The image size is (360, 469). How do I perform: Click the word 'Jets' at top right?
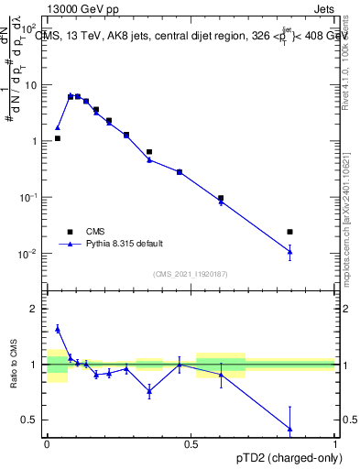coord(322,8)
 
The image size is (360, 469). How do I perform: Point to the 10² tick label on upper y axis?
coord(30,29)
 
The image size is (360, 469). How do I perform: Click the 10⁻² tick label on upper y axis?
coord(30,254)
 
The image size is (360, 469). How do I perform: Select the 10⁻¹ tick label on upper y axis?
coord(30,198)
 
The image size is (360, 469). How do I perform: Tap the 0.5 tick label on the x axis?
coord(191,442)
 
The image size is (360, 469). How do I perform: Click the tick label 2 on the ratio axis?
coord(35,309)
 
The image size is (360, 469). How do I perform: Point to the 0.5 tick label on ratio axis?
coord(31,420)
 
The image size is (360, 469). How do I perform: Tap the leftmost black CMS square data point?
coord(58,138)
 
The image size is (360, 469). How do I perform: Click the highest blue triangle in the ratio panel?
coord(58,329)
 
